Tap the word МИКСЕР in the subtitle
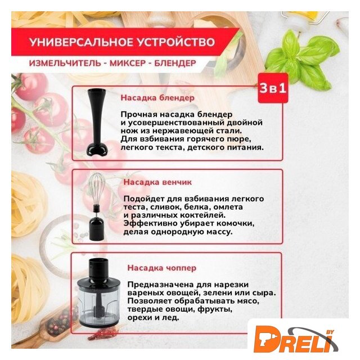pos(128,63)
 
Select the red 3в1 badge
pos(273,88)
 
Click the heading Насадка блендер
pos(157,97)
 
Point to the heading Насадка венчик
pos(157,182)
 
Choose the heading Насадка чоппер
pos(162,268)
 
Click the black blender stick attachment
pos(97,122)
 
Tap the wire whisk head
pos(97,190)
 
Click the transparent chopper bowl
pos(99,304)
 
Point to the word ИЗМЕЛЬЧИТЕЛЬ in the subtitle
pos(65,63)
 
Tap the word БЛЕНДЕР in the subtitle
pos(175,63)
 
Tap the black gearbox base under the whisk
pos(97,228)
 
